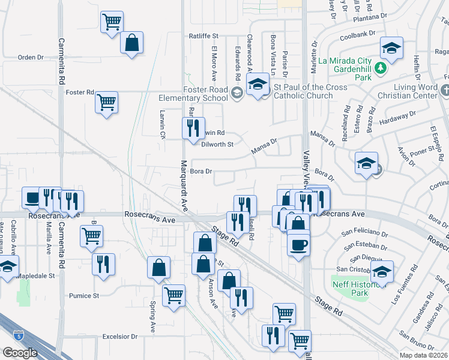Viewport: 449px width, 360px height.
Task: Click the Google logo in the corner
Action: tap(20, 352)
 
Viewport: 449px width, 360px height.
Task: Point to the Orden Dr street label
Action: tap(31, 58)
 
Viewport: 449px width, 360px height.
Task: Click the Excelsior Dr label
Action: tap(120, 337)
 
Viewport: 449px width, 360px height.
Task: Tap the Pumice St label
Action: tap(83, 296)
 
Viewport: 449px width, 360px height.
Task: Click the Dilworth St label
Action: tap(217, 144)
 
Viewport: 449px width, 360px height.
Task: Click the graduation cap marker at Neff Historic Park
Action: tap(382, 272)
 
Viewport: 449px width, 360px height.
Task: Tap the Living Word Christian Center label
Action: tap(408, 91)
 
